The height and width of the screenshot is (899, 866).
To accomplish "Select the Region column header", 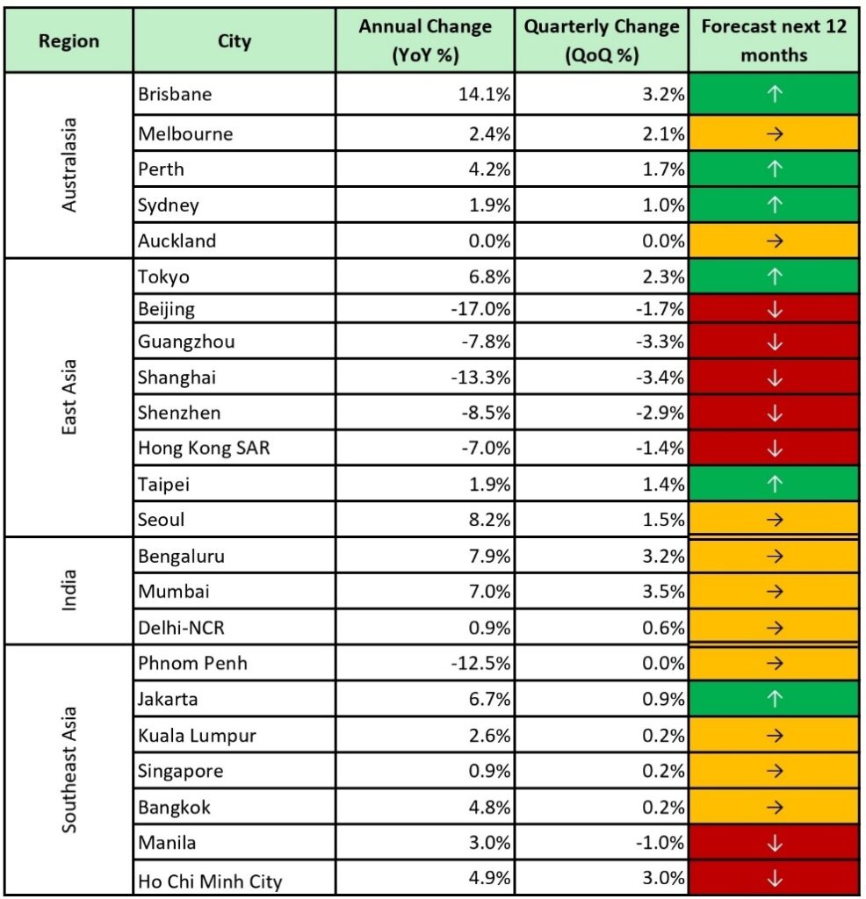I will point(69,41).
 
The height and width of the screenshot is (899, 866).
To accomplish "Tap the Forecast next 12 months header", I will point(774,40).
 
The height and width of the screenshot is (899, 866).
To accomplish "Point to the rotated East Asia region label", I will point(69,396).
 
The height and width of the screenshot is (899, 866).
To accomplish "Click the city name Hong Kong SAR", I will point(204,448).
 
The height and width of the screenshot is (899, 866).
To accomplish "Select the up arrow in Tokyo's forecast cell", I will point(774,277).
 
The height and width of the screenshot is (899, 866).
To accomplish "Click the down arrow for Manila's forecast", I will point(774,843).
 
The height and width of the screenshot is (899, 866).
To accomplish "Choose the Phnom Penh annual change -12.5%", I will point(480,663).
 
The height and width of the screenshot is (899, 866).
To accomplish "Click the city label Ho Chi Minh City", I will point(210,880).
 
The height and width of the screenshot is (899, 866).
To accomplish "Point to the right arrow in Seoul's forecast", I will point(774,520).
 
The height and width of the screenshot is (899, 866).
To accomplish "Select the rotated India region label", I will point(69,592).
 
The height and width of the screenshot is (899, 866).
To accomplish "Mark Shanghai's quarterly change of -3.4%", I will point(659,378).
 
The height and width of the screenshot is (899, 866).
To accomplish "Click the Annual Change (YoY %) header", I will point(425,40).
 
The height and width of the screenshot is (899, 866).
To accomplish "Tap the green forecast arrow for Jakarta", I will point(774,700).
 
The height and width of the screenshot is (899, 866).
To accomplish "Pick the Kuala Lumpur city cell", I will point(197,736).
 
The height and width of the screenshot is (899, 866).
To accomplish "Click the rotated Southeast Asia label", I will point(69,770).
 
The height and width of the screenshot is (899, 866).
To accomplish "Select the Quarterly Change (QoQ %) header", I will point(602,40).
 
